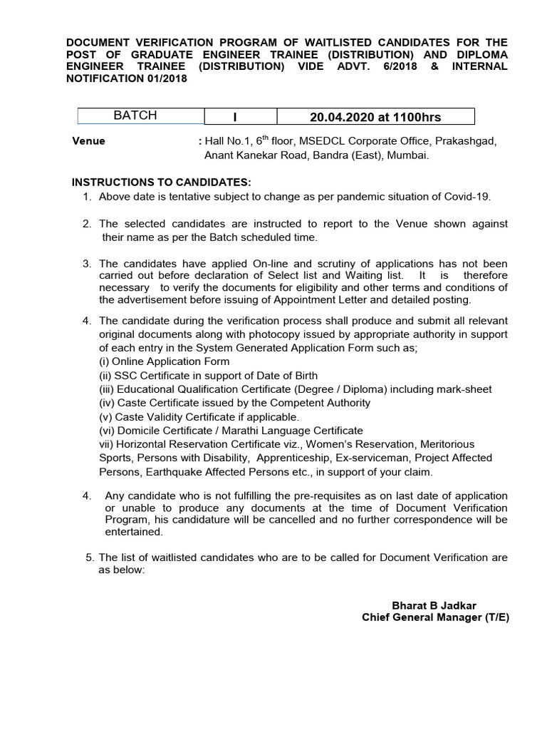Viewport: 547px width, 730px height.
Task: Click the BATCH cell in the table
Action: [x=135, y=116]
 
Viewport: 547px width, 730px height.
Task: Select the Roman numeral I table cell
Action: [x=241, y=117]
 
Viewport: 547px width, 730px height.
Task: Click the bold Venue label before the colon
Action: [x=88, y=141]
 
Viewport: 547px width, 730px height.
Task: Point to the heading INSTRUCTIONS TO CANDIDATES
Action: [x=160, y=182]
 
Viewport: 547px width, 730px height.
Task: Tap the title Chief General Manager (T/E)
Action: [x=435, y=617]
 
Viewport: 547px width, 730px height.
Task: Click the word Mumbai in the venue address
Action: [x=409, y=155]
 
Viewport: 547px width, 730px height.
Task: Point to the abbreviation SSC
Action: [x=125, y=375]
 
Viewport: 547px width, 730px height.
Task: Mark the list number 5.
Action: [x=88, y=557]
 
